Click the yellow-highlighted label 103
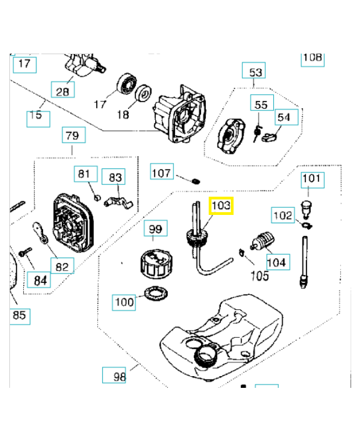[221, 207]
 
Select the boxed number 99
[155, 229]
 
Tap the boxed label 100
[124, 302]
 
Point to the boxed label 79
[72, 135]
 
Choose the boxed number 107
[161, 173]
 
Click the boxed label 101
[311, 179]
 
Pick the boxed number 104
[277, 261]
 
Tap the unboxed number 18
[123, 114]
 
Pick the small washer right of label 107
[195, 180]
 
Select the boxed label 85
[19, 316]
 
